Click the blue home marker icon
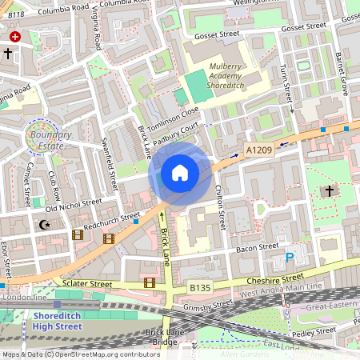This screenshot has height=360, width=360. (x=180, y=173)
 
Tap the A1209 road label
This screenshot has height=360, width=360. (x=258, y=150)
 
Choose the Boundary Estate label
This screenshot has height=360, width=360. (x=50, y=140)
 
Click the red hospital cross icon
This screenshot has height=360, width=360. (x=15, y=37)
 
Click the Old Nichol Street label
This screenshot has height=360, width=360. (x=74, y=206)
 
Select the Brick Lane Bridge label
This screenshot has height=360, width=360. (x=166, y=337)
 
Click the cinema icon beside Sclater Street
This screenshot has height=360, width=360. (x=150, y=282)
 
